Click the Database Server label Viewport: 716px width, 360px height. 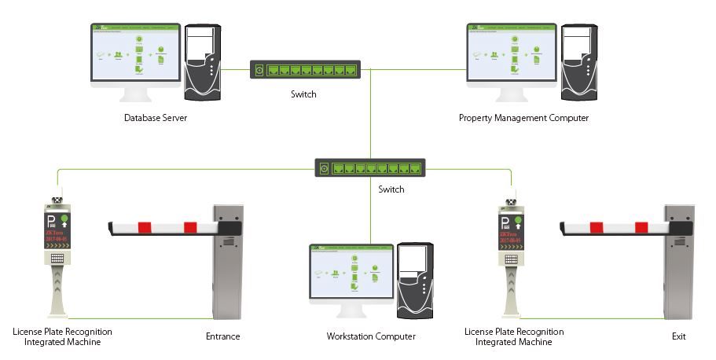coord(155,118)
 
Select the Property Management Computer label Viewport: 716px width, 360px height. coord(523,118)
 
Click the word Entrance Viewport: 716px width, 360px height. coord(222,337)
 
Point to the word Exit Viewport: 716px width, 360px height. coord(679,337)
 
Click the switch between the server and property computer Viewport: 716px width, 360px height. coord(303,70)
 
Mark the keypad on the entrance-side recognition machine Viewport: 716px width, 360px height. coord(57,258)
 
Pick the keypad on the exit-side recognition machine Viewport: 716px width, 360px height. coord(509,258)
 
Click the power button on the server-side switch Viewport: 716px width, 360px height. coord(258,70)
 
